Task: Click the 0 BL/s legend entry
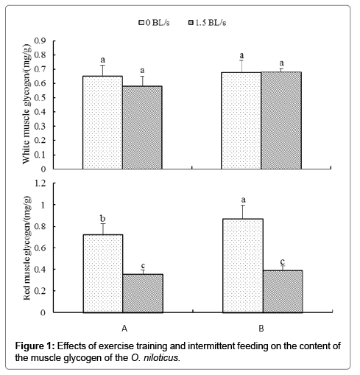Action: click(x=155, y=23)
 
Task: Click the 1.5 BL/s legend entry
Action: click(x=207, y=23)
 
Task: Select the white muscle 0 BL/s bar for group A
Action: click(x=102, y=122)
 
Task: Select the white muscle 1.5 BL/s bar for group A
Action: click(x=142, y=127)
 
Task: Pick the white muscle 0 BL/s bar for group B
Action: click(x=241, y=121)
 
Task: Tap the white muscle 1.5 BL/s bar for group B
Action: click(x=281, y=120)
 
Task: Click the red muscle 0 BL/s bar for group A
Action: click(x=103, y=273)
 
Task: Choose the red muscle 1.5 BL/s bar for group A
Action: click(x=143, y=293)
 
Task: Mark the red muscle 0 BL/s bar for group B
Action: click(x=243, y=266)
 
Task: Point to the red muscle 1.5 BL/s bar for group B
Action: click(x=283, y=292)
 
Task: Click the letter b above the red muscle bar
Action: click(x=103, y=218)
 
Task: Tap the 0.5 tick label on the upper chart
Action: click(x=40, y=98)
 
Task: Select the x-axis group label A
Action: click(x=124, y=329)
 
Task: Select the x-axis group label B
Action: click(x=261, y=329)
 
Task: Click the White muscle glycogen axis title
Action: click(x=27, y=104)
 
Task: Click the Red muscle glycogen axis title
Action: click(x=27, y=248)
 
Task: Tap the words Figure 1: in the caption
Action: click(x=35, y=346)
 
